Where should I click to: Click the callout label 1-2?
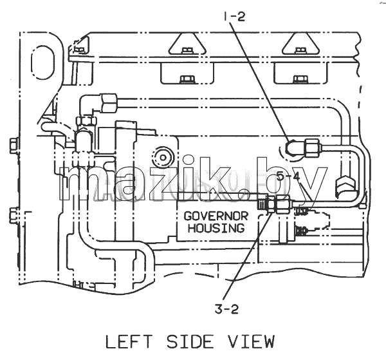[234, 17]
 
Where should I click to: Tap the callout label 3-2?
[226, 309]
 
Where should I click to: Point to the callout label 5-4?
[288, 176]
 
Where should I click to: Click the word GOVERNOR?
[216, 216]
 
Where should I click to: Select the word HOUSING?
[216, 228]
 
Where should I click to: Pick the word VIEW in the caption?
[250, 342]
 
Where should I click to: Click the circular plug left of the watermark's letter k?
[163, 157]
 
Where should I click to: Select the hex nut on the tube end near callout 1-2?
[312, 147]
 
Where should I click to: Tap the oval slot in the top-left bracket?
[42, 62]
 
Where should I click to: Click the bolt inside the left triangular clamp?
[187, 50]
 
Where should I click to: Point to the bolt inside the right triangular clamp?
[300, 50]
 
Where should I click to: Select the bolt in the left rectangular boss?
[187, 79]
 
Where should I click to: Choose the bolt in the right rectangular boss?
[300, 79]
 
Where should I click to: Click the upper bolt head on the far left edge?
[14, 146]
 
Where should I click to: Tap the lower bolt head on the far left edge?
[14, 215]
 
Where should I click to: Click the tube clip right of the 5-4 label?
[345, 184]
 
